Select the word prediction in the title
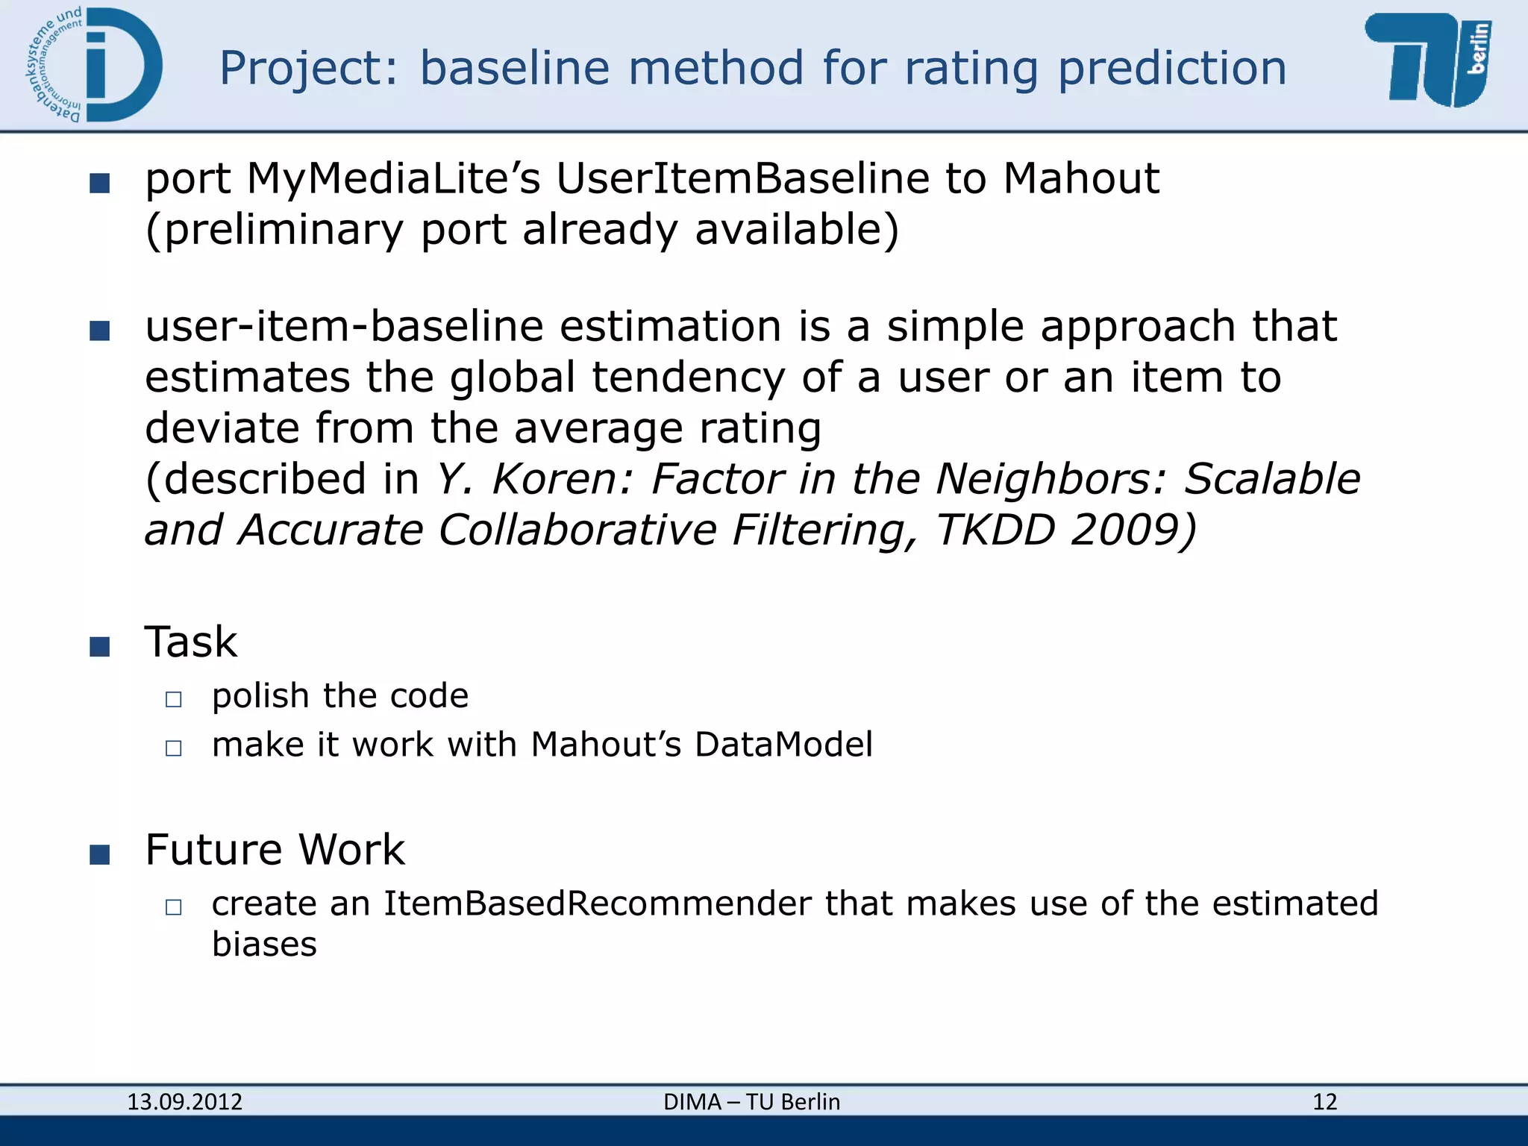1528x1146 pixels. pos(1172,68)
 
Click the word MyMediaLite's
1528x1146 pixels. pos(393,179)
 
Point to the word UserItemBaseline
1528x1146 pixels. pos(742,179)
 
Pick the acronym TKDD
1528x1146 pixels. pos(995,530)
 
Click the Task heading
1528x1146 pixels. pos(191,642)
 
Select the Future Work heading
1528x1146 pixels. pos(275,849)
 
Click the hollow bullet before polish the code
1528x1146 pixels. pos(174,699)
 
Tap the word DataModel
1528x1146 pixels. pos(783,745)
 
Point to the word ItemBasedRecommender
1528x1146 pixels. pos(597,904)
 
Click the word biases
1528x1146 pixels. pos(264,945)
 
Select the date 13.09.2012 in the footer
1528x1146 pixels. pos(185,1102)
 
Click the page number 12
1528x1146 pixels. pos(1324,1102)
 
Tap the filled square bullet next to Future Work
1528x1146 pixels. pos(100,854)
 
